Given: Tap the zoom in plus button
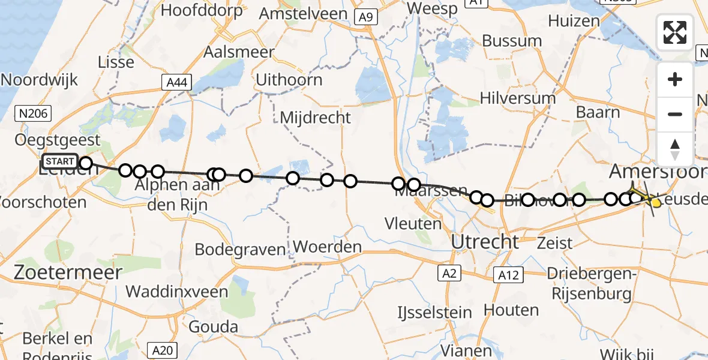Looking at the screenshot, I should click(675, 79).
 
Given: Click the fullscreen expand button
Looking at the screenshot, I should click(675, 32).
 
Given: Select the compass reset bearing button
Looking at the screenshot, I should click(675, 149).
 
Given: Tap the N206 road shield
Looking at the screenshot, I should click(34, 112).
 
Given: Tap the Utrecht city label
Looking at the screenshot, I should click(485, 242).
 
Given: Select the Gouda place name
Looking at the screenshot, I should click(213, 327).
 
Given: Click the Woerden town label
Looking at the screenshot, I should click(328, 247).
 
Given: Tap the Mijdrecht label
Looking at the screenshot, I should click(315, 118).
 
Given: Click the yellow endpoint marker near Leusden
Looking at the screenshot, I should click(656, 203).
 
